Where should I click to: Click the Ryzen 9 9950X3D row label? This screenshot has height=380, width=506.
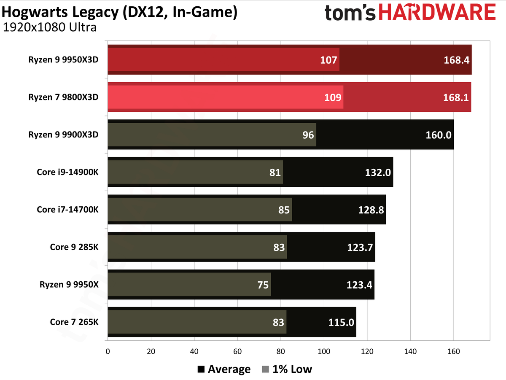pyautogui.click(x=63, y=60)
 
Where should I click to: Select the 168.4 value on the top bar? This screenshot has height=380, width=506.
pyautogui.click(x=456, y=60)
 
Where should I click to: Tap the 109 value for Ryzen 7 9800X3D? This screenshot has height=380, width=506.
pyautogui.click(x=333, y=97)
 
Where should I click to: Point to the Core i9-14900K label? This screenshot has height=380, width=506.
pyautogui.click(x=67, y=172)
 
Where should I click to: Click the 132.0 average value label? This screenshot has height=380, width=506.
pyautogui.click(x=378, y=172)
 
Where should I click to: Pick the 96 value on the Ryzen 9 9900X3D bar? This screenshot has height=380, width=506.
pyautogui.click(x=308, y=135)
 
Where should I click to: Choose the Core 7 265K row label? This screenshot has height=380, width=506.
pyautogui.click(x=74, y=322)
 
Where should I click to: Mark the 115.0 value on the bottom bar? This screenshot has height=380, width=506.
pyautogui.click(x=341, y=322)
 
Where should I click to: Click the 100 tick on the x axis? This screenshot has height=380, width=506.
pyautogui.click(x=324, y=351)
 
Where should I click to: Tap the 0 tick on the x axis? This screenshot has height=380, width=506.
pyautogui.click(x=108, y=351)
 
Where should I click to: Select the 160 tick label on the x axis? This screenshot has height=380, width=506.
pyautogui.click(x=454, y=351)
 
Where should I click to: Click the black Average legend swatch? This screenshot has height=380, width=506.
pyautogui.click(x=201, y=369)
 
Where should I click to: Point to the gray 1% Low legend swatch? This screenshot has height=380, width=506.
pyautogui.click(x=265, y=369)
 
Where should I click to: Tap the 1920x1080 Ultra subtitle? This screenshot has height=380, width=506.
pyautogui.click(x=50, y=27)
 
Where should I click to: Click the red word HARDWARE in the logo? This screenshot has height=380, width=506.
pyautogui.click(x=437, y=12)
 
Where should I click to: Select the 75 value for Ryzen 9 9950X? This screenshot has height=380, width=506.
pyautogui.click(x=263, y=285)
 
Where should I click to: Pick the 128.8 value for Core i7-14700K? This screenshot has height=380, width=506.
pyautogui.click(x=371, y=210)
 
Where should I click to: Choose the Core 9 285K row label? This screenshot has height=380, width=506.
pyautogui.click(x=74, y=247)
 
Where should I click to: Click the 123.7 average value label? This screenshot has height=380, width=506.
pyautogui.click(x=360, y=248)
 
